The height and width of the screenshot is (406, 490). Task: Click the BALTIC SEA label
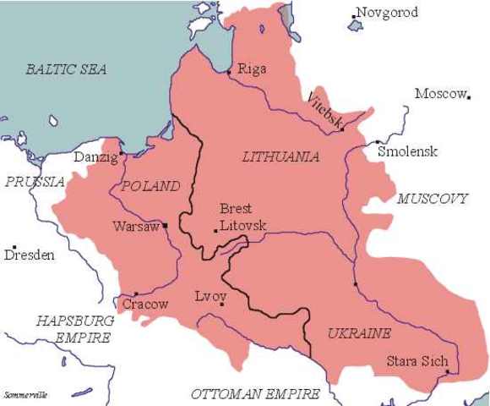(x=66, y=69)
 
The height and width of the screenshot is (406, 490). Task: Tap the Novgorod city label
(x=388, y=13)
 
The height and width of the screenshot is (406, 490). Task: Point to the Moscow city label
(x=440, y=93)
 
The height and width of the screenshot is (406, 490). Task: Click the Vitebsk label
(x=326, y=111)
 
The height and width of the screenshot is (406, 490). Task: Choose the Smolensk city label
(x=408, y=151)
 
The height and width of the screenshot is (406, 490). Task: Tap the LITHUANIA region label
(x=280, y=156)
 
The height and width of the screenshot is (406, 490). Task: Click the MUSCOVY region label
(x=432, y=199)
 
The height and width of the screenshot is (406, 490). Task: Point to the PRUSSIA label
(x=35, y=182)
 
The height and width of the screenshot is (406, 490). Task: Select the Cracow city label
(x=145, y=304)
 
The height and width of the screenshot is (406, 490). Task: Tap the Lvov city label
(x=210, y=297)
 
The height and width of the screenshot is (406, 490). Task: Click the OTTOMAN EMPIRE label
(x=255, y=394)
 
